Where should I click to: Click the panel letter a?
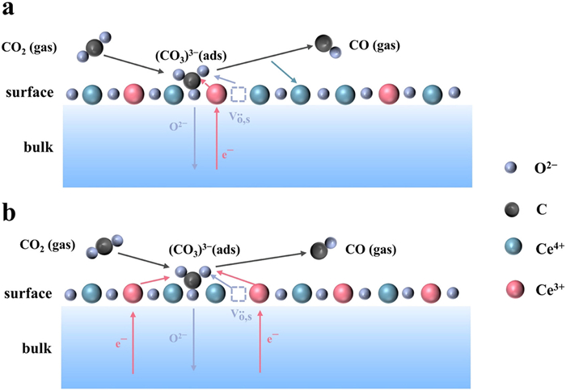pos(11,11)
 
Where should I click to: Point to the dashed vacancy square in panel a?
pos(238,94)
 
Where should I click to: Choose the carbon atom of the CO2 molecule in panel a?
pos(95,46)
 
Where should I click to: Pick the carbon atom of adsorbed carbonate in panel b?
pos(192,280)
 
